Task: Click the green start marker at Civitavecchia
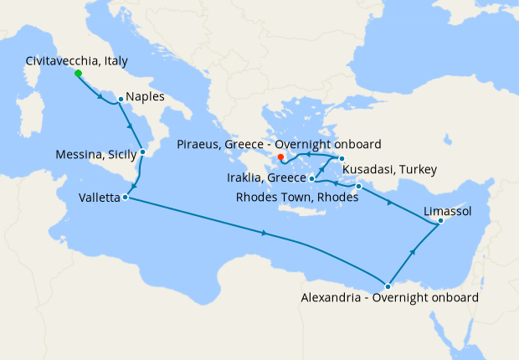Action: [78, 74]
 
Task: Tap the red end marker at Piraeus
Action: [281, 157]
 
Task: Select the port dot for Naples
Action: [121, 99]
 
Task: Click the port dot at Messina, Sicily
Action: [143, 152]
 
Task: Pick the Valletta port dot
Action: [125, 198]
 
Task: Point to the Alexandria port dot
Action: [388, 286]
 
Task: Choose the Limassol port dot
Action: [441, 221]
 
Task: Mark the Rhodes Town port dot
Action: [358, 186]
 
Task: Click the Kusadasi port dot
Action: [342, 158]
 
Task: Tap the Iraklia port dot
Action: [311, 178]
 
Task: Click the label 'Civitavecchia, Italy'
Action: [76, 60]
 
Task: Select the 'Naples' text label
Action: [146, 97]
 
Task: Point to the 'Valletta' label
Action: [97, 198]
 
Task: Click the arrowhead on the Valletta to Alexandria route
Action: [265, 233]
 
